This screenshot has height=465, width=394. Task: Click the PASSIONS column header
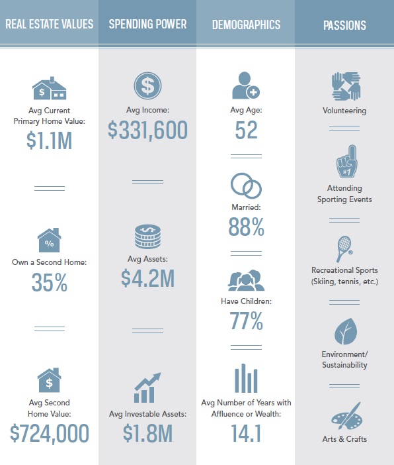(344, 25)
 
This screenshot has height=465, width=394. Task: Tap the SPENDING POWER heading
(147, 25)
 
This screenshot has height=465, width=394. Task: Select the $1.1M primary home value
(49, 140)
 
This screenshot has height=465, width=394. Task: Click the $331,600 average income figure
(147, 130)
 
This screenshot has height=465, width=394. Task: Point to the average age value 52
(246, 130)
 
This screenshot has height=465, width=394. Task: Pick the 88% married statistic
(246, 227)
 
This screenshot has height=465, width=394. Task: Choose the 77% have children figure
(246, 321)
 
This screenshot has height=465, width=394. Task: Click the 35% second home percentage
(50, 282)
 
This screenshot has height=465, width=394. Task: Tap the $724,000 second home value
(50, 433)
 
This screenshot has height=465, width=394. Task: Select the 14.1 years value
(246, 433)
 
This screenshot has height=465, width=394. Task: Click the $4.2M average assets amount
(147, 278)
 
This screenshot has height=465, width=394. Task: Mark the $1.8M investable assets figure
(147, 433)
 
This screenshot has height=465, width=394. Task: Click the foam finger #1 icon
(347, 161)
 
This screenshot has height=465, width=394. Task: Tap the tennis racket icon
(344, 249)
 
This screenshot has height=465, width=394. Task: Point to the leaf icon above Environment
(346, 331)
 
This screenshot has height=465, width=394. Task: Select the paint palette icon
(346, 416)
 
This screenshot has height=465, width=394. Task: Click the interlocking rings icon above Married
(246, 185)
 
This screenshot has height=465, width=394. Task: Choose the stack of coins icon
(147, 236)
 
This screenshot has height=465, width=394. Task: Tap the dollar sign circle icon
(147, 85)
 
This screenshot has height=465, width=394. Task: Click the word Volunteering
(344, 111)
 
